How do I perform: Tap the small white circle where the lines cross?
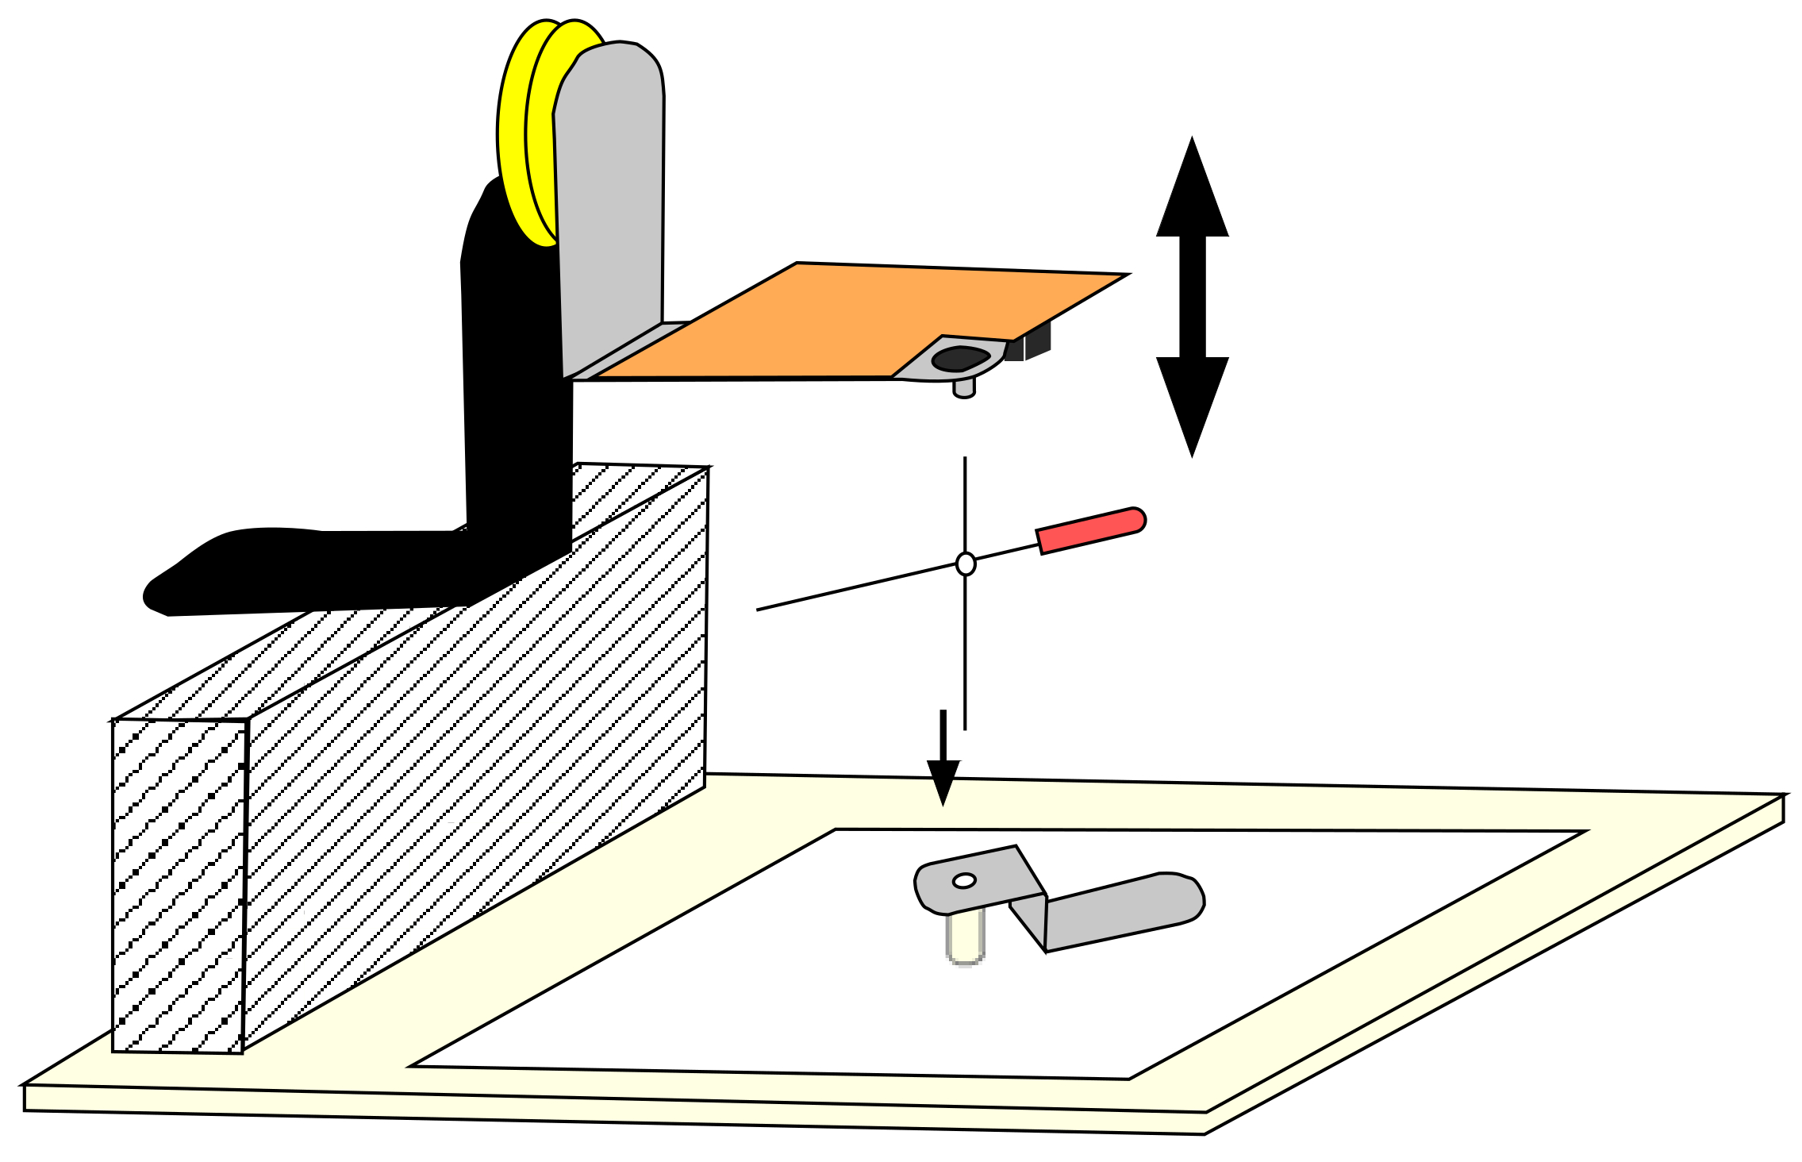coord(965,564)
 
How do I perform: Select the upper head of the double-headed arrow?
coord(1192,190)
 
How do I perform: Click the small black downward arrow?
coord(943,778)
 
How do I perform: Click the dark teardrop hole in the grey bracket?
coord(959,359)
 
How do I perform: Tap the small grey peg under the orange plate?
coord(963,388)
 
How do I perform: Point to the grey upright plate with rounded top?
coord(609,198)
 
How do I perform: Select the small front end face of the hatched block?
coord(179,885)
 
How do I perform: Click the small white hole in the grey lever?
coord(964,881)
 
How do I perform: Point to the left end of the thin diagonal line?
coord(758,610)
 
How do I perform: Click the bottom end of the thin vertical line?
coord(965,729)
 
